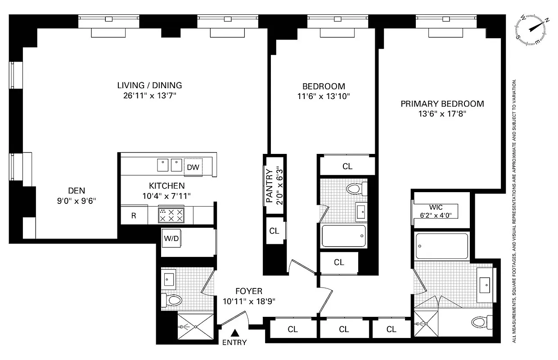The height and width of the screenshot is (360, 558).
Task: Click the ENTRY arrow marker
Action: coord(234,333)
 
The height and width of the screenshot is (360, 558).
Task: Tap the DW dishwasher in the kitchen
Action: coord(193,167)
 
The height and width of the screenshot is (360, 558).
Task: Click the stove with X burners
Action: coord(171,215)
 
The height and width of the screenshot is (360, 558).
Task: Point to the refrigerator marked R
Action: coord(134,216)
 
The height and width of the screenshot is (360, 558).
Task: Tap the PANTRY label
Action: coord(270,186)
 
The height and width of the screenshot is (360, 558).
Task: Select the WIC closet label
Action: coord(436,207)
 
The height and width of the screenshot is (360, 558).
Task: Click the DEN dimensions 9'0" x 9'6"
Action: coord(76,201)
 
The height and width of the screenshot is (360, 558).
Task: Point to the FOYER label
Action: coord(248,292)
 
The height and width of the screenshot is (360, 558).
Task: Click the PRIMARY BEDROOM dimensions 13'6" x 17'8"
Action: coord(442,114)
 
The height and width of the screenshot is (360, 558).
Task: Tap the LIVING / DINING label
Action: coord(149,85)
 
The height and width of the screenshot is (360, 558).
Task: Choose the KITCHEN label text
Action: coord(166,185)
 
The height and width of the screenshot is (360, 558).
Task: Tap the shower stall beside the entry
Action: coord(195,327)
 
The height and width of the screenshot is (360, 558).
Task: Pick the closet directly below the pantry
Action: coord(274,231)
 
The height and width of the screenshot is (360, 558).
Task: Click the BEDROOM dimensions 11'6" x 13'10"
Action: coord(324,96)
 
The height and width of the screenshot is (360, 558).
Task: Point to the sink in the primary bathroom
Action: coord(485,283)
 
